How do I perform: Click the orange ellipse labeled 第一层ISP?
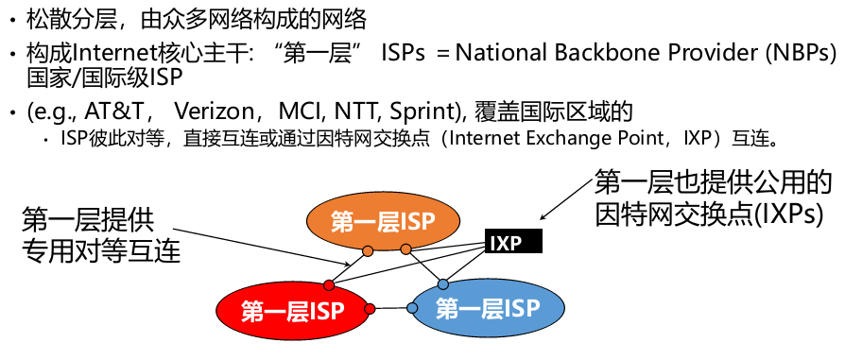pyautogui.click(x=383, y=221)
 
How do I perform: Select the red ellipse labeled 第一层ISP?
pyautogui.click(x=293, y=311)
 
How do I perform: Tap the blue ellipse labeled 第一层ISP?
pyautogui.click(x=488, y=308)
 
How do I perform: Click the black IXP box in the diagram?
pyautogui.click(x=513, y=242)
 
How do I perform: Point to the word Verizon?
pyautogui.click(x=214, y=112)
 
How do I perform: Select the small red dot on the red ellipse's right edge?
pyautogui.click(x=370, y=309)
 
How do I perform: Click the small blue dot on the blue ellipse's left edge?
pyautogui.click(x=412, y=308)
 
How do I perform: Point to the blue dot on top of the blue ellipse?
pyautogui.click(x=443, y=284)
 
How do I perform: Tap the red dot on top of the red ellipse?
pyautogui.click(x=329, y=284)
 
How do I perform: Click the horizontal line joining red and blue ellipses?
pyautogui.click(x=390, y=308)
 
